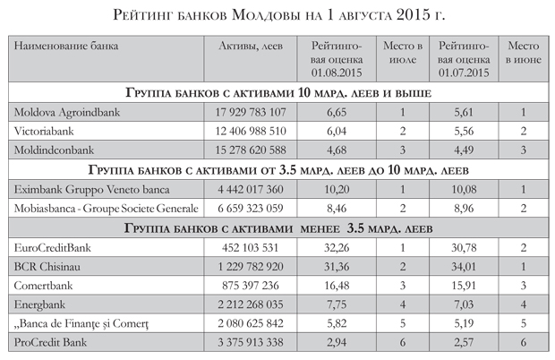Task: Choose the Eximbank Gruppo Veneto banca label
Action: coord(87,190)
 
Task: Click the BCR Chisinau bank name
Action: coord(48,268)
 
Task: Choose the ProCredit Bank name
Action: coord(53,343)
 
